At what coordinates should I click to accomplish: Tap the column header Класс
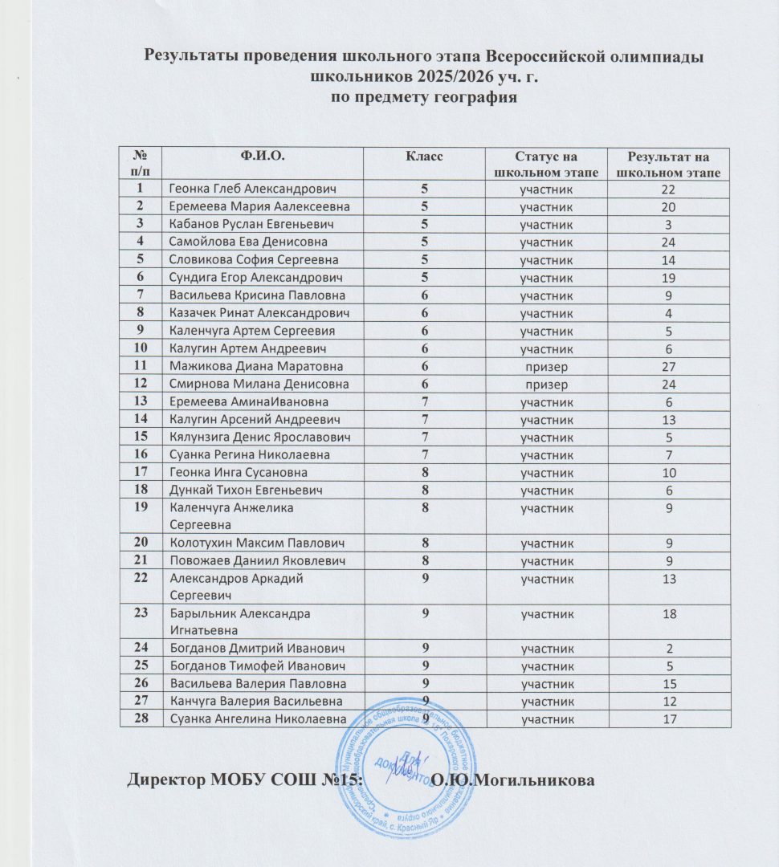[424, 155]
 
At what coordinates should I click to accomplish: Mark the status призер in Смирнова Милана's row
[546, 384]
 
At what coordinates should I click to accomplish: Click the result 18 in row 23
[663, 614]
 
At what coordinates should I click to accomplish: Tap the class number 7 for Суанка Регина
[424, 454]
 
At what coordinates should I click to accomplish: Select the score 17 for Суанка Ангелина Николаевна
[663, 719]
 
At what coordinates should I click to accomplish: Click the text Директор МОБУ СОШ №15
[246, 779]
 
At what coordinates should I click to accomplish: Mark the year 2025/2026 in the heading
[425, 77]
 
